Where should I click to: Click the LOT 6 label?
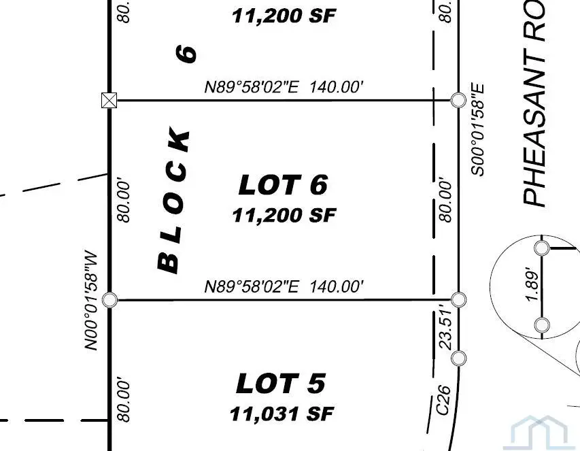pyautogui.click(x=283, y=185)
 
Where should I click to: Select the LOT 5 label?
pyautogui.click(x=281, y=384)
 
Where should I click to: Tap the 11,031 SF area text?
pyautogui.click(x=282, y=413)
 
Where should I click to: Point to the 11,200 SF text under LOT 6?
pyautogui.click(x=284, y=216)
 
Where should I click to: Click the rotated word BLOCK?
pyautogui.click(x=174, y=200)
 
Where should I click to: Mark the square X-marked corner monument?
pyautogui.click(x=108, y=101)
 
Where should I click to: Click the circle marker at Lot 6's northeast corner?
pyautogui.click(x=458, y=101)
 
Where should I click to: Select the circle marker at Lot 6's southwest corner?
pyautogui.click(x=109, y=299)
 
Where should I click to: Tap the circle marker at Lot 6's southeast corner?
pyautogui.click(x=459, y=299)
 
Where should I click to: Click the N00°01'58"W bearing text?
pyautogui.click(x=92, y=299)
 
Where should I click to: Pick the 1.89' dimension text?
pyautogui.click(x=534, y=286)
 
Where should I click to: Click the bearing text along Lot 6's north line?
pyautogui.click(x=284, y=87)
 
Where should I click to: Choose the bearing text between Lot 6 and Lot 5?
pyautogui.click(x=284, y=286)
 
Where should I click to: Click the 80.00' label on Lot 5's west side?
pyautogui.click(x=123, y=401)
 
